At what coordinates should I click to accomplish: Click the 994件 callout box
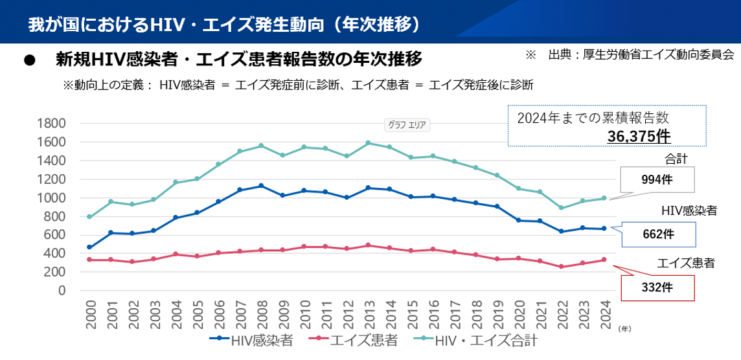pyautogui.click(x=657, y=180)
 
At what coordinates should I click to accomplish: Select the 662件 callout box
pyautogui.click(x=657, y=234)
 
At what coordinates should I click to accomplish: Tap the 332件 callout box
pyautogui.click(x=657, y=287)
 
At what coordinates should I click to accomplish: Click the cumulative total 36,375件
pyautogui.click(x=639, y=136)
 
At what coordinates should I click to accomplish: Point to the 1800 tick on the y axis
pyautogui.click(x=53, y=124)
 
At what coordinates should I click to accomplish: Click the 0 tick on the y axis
pyautogui.click(x=62, y=291)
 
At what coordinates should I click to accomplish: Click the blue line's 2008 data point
pyautogui.click(x=260, y=186)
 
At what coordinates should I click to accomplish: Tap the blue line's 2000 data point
pyautogui.click(x=90, y=247)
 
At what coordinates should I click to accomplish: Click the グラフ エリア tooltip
pyautogui.click(x=407, y=125)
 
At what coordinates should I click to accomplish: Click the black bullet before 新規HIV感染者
pyautogui.click(x=28, y=60)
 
